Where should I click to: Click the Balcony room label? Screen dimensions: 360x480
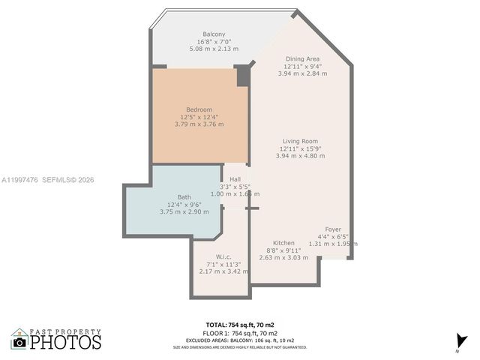pyautogui.click(x=214, y=34)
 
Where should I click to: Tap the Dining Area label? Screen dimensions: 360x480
pyautogui.click(x=303, y=58)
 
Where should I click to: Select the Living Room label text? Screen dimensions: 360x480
pyautogui.click(x=300, y=141)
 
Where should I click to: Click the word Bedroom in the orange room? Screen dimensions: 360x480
pyautogui.click(x=199, y=109)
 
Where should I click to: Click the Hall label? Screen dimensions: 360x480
pyautogui.click(x=235, y=179)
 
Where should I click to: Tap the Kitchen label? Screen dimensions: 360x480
pyautogui.click(x=283, y=243)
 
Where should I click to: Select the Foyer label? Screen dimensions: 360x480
pyautogui.click(x=333, y=229)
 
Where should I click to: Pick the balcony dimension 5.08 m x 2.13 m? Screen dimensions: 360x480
pyautogui.click(x=214, y=49)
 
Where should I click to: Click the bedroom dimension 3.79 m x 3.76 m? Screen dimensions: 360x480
pyautogui.click(x=199, y=124)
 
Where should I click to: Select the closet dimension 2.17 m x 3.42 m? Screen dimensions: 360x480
pyautogui.click(x=219, y=271)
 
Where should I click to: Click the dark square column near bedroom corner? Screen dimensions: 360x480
pyautogui.click(x=242, y=76)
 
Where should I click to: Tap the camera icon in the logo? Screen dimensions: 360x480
pyautogui.click(x=19, y=341)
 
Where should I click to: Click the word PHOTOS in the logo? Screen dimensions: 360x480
pyautogui.click(x=66, y=343)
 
